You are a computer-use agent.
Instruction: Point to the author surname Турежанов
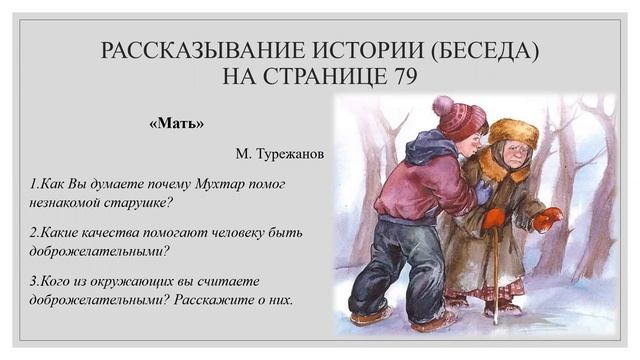point(293,155)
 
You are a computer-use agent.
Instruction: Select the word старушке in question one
point(136,203)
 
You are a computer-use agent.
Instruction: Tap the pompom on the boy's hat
point(441,103)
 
